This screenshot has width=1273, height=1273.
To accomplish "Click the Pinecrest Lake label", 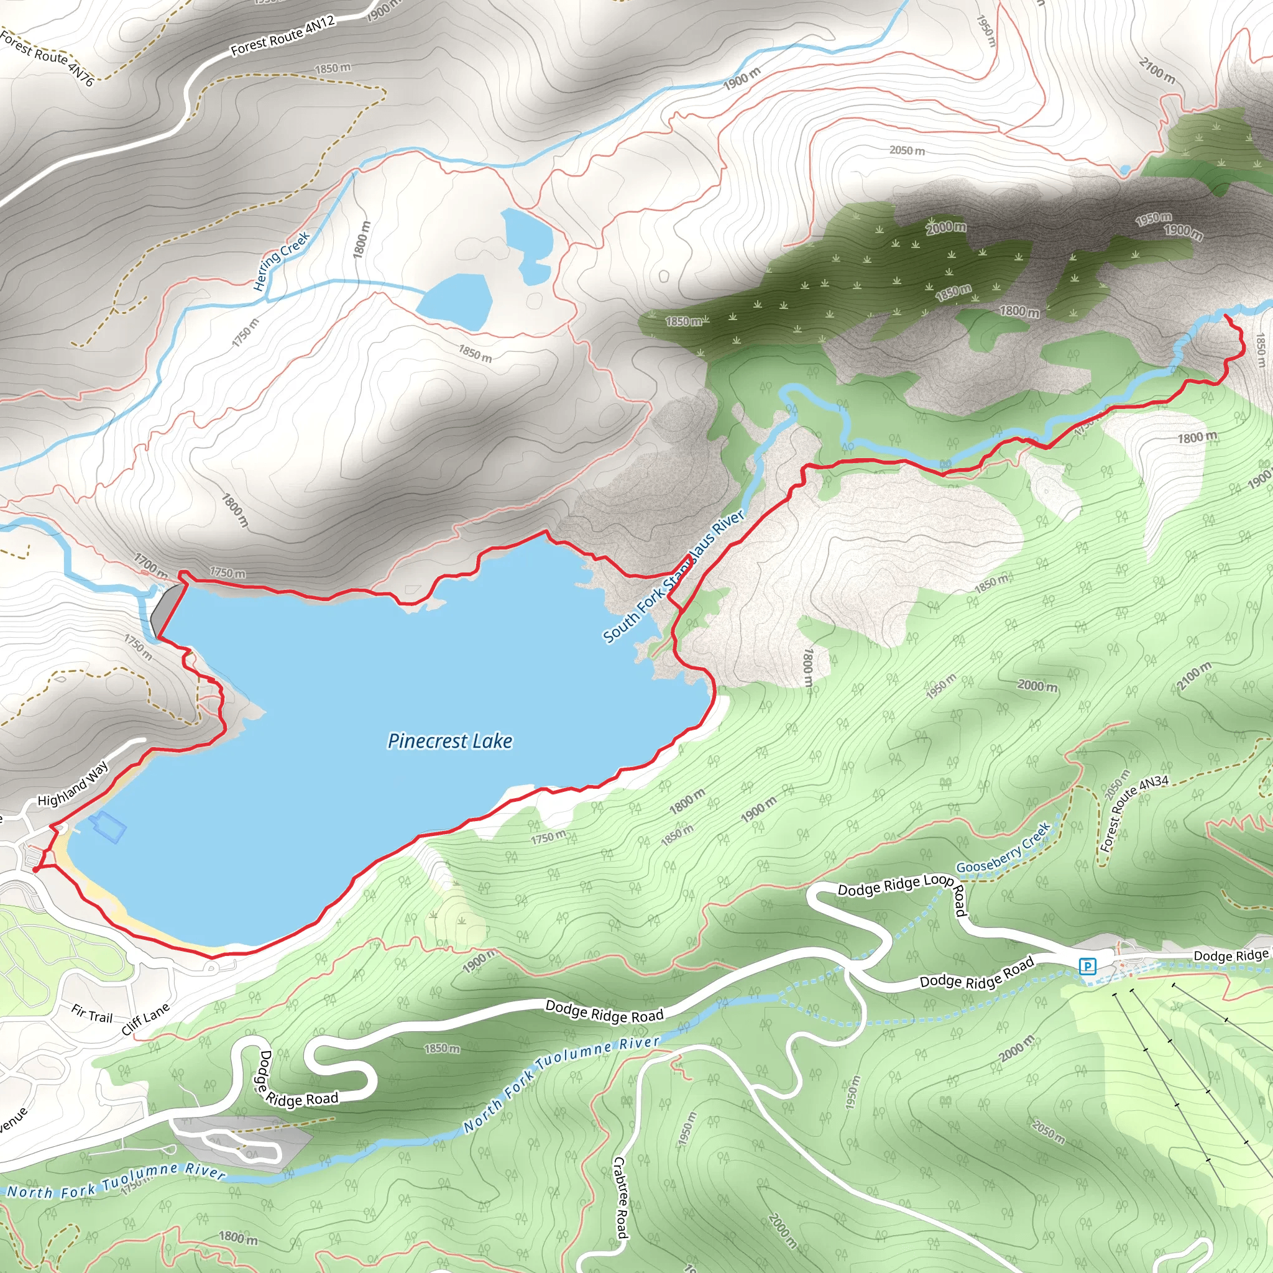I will pos(449,742).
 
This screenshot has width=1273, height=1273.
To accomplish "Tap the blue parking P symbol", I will pos(1087,967).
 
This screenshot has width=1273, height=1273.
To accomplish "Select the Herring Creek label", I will pos(282,261).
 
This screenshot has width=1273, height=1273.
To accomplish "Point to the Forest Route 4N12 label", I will pos(283,35).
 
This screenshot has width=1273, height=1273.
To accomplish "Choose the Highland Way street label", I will pos(73,784).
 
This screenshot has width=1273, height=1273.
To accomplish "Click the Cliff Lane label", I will pos(145,1019).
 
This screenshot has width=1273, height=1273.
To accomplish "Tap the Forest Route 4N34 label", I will pos(1134,812).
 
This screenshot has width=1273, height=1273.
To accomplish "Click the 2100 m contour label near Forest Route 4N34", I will pos(1194,677).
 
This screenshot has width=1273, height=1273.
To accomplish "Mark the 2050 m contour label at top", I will pos(908,150).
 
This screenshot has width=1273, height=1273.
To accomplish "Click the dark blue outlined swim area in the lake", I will pos(108,827).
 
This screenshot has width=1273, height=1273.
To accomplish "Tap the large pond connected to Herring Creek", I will pos(454,301).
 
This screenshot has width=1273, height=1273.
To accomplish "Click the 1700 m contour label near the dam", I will pos(150,564).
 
